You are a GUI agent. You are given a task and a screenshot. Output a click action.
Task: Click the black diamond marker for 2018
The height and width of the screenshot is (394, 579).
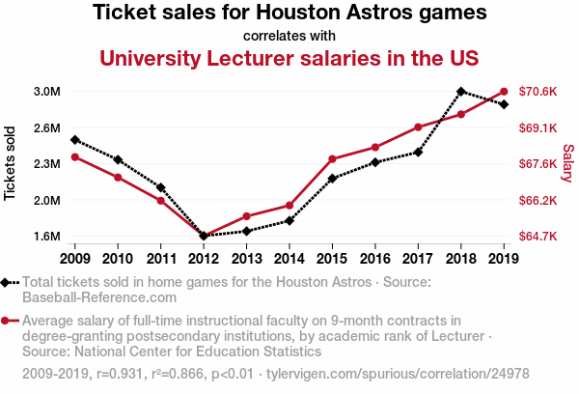[x=461, y=92]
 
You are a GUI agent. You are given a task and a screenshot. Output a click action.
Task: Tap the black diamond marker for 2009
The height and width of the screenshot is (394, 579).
[x=75, y=140]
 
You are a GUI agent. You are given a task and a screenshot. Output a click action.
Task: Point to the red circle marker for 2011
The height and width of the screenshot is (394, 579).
[x=161, y=200]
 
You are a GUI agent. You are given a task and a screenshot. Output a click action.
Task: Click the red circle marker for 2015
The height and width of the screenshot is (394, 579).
[x=332, y=158]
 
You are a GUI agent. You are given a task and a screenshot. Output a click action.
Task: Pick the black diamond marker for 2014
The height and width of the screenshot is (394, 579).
[x=289, y=221]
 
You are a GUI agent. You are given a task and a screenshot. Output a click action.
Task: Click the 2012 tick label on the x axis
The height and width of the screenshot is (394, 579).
[x=204, y=258]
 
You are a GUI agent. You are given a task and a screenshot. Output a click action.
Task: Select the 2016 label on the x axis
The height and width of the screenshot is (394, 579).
[x=375, y=258]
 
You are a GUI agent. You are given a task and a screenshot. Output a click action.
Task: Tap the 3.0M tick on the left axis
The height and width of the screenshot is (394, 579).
[x=46, y=92]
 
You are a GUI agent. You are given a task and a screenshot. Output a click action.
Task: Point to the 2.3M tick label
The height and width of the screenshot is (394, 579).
[x=46, y=164]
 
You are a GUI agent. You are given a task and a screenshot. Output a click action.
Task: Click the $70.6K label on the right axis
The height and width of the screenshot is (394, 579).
[x=538, y=92]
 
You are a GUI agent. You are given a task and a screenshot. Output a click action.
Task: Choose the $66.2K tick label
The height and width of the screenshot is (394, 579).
[x=538, y=201]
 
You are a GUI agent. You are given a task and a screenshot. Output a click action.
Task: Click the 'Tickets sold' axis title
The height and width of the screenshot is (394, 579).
[x=11, y=163]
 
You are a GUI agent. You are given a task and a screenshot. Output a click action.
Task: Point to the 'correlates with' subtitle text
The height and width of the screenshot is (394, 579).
[x=289, y=36]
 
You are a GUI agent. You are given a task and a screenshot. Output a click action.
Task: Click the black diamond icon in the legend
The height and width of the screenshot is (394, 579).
[x=8, y=282]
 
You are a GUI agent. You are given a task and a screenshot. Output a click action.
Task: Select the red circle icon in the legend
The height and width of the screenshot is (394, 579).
[x=8, y=322]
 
